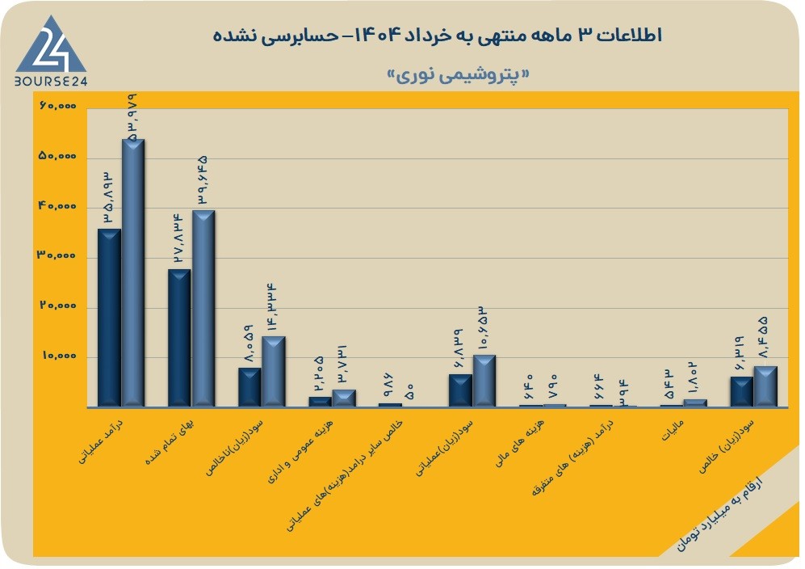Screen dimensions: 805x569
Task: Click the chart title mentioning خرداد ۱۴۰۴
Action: point(437,36)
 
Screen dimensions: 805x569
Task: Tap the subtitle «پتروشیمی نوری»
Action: point(458,75)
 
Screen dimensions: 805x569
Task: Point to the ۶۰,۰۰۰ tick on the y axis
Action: point(57,106)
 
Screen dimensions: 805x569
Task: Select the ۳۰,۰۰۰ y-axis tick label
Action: point(57,255)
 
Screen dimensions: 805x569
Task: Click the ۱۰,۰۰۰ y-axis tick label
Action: point(59,356)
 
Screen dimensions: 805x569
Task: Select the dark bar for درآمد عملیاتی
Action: point(109,318)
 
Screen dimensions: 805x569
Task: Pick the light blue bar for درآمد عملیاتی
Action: point(133,273)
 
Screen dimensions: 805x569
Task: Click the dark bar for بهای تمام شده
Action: point(179,338)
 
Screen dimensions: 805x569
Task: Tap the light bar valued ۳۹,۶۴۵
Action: point(203,309)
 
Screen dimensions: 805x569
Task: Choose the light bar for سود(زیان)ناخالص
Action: point(274,372)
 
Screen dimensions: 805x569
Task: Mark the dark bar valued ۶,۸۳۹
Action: point(460,390)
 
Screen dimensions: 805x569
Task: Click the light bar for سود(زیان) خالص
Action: point(765,386)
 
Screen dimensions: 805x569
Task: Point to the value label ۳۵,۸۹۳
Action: point(109,197)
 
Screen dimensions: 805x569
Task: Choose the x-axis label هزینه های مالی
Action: point(519,443)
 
